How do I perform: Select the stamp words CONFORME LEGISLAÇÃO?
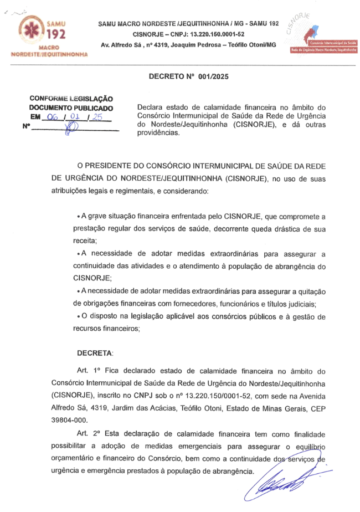[x=71, y=99]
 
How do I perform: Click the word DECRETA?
[x=95, y=352]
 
